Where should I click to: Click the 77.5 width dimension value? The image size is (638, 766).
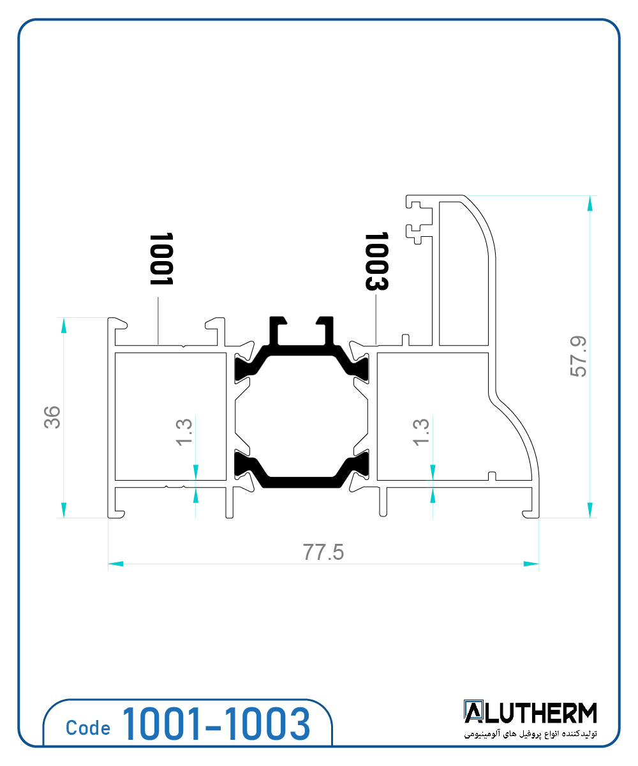coord(323,552)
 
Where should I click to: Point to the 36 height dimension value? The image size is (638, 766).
coord(53,417)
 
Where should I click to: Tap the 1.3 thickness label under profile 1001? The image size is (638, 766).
coord(184,433)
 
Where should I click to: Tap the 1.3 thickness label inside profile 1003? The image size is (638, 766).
coord(421,433)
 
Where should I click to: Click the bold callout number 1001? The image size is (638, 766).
coord(161,259)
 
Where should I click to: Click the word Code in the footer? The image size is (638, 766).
coord(88,728)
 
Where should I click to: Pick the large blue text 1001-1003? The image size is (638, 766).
coord(216,725)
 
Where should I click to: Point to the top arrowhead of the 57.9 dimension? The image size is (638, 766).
coord(590,204)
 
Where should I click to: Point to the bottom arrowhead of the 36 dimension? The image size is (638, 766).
coord(63,509)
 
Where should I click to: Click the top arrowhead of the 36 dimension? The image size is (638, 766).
coord(63,326)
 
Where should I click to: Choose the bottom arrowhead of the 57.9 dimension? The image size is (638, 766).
coord(590,509)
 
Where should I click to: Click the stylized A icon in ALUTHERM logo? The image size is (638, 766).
coord(473,712)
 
